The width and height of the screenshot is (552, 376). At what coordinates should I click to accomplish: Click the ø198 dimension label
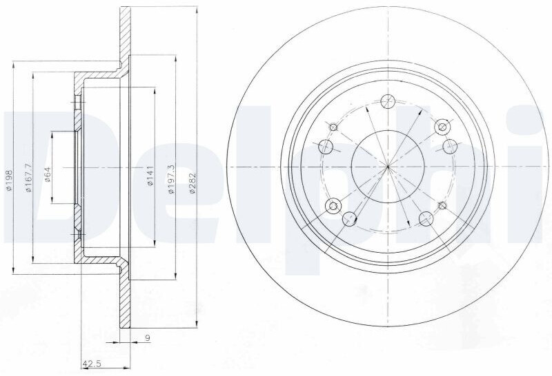9,180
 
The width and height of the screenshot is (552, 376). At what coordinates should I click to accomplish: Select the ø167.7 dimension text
29,178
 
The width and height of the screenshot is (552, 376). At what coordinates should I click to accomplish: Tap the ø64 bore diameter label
48,174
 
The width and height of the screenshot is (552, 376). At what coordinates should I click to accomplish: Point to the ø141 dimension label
150,176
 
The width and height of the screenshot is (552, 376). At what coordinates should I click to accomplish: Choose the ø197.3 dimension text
171,179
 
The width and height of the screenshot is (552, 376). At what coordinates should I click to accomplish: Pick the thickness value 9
148,338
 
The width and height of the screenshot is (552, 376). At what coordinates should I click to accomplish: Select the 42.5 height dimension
92,364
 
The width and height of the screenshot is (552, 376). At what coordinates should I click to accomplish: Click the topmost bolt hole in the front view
388,101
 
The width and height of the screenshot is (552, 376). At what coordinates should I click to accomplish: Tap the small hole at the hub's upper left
333,127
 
